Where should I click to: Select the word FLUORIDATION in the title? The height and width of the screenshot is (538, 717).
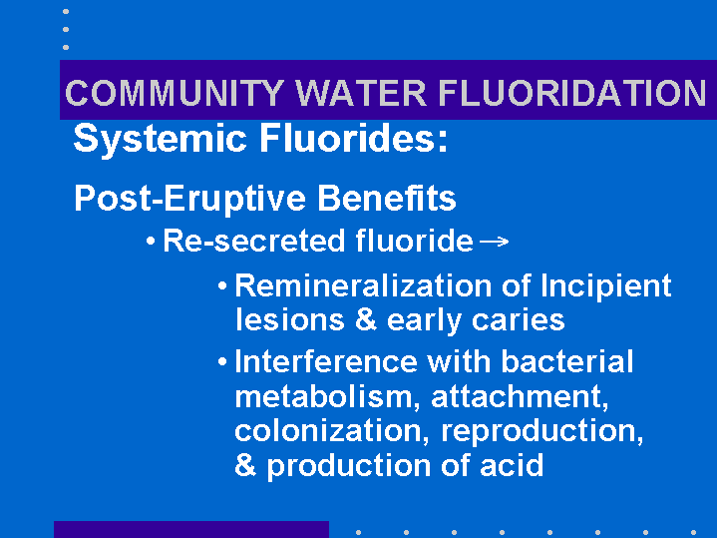point(572,93)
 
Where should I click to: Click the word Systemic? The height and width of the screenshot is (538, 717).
point(160,139)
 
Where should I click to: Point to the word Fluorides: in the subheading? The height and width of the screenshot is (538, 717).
point(353,139)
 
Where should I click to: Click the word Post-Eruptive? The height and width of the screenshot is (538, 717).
point(189,200)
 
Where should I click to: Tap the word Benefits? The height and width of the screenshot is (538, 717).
point(387,198)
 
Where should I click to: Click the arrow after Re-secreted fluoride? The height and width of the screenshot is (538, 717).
point(495,241)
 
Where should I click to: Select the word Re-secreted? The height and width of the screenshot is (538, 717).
point(254,241)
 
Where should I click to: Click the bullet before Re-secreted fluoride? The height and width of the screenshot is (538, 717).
point(151,241)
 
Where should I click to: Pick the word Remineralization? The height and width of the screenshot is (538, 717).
point(363,285)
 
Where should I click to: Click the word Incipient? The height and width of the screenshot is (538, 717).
point(606,287)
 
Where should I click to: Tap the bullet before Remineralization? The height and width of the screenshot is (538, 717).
point(222,286)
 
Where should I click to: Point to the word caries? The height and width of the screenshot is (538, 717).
point(519,321)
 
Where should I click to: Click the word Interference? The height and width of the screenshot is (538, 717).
point(326,361)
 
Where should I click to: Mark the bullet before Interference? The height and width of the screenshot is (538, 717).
point(222,362)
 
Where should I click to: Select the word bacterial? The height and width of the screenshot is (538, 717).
point(567,361)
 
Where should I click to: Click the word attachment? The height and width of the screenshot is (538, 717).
point(520,397)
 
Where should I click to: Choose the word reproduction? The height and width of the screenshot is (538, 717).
point(541,432)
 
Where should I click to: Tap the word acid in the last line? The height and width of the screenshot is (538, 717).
point(512,465)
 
